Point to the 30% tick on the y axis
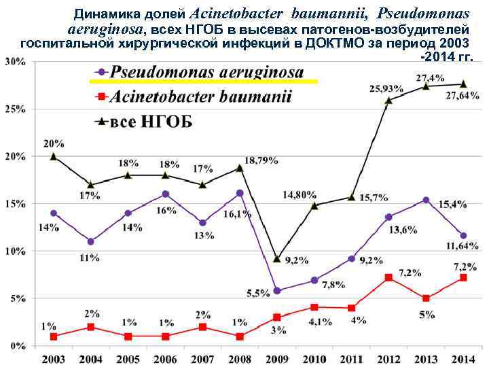pyautogui.click(x=16, y=61)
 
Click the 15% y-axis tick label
pyautogui.click(x=16, y=203)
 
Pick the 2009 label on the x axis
pyautogui.click(x=276, y=359)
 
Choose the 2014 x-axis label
pyautogui.click(x=463, y=359)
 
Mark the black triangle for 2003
pyautogui.click(x=54, y=156)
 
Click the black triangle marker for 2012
pyautogui.click(x=388, y=101)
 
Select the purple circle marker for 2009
pyautogui.click(x=277, y=290)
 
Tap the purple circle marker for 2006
pyautogui.click(x=165, y=194)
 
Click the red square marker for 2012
pyautogui.click(x=388, y=277)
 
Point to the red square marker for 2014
pyautogui.click(x=463, y=277)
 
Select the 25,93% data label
pyautogui.click(x=386, y=88)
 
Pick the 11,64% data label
pyautogui.click(x=462, y=246)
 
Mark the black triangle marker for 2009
pyautogui.click(x=277, y=258)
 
